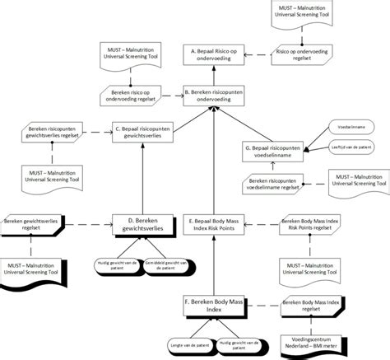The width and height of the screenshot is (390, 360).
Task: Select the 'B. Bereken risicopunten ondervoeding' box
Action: click(x=215, y=96)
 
